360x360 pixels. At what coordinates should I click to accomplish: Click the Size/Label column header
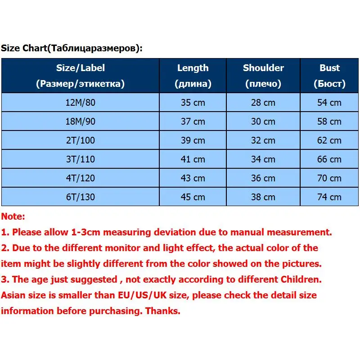80,76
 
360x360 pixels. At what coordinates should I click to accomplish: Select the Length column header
193,76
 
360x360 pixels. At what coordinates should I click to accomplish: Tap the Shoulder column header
263,76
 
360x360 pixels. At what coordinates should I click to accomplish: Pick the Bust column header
329,76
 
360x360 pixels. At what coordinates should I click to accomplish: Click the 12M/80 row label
80,103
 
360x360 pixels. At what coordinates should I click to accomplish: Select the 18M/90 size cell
80,121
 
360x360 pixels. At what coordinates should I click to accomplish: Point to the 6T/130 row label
80,197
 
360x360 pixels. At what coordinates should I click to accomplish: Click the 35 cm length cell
193,103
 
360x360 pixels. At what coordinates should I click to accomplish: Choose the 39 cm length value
193,140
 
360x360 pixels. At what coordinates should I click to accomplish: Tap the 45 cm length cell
193,197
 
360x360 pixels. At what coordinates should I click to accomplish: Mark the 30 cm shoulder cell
263,121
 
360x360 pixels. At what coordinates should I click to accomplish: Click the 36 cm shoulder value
263,178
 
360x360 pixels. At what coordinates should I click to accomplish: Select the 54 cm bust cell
329,103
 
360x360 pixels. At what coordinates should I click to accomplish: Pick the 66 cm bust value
329,159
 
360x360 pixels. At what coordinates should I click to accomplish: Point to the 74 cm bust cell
329,197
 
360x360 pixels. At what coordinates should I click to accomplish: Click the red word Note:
13,216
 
